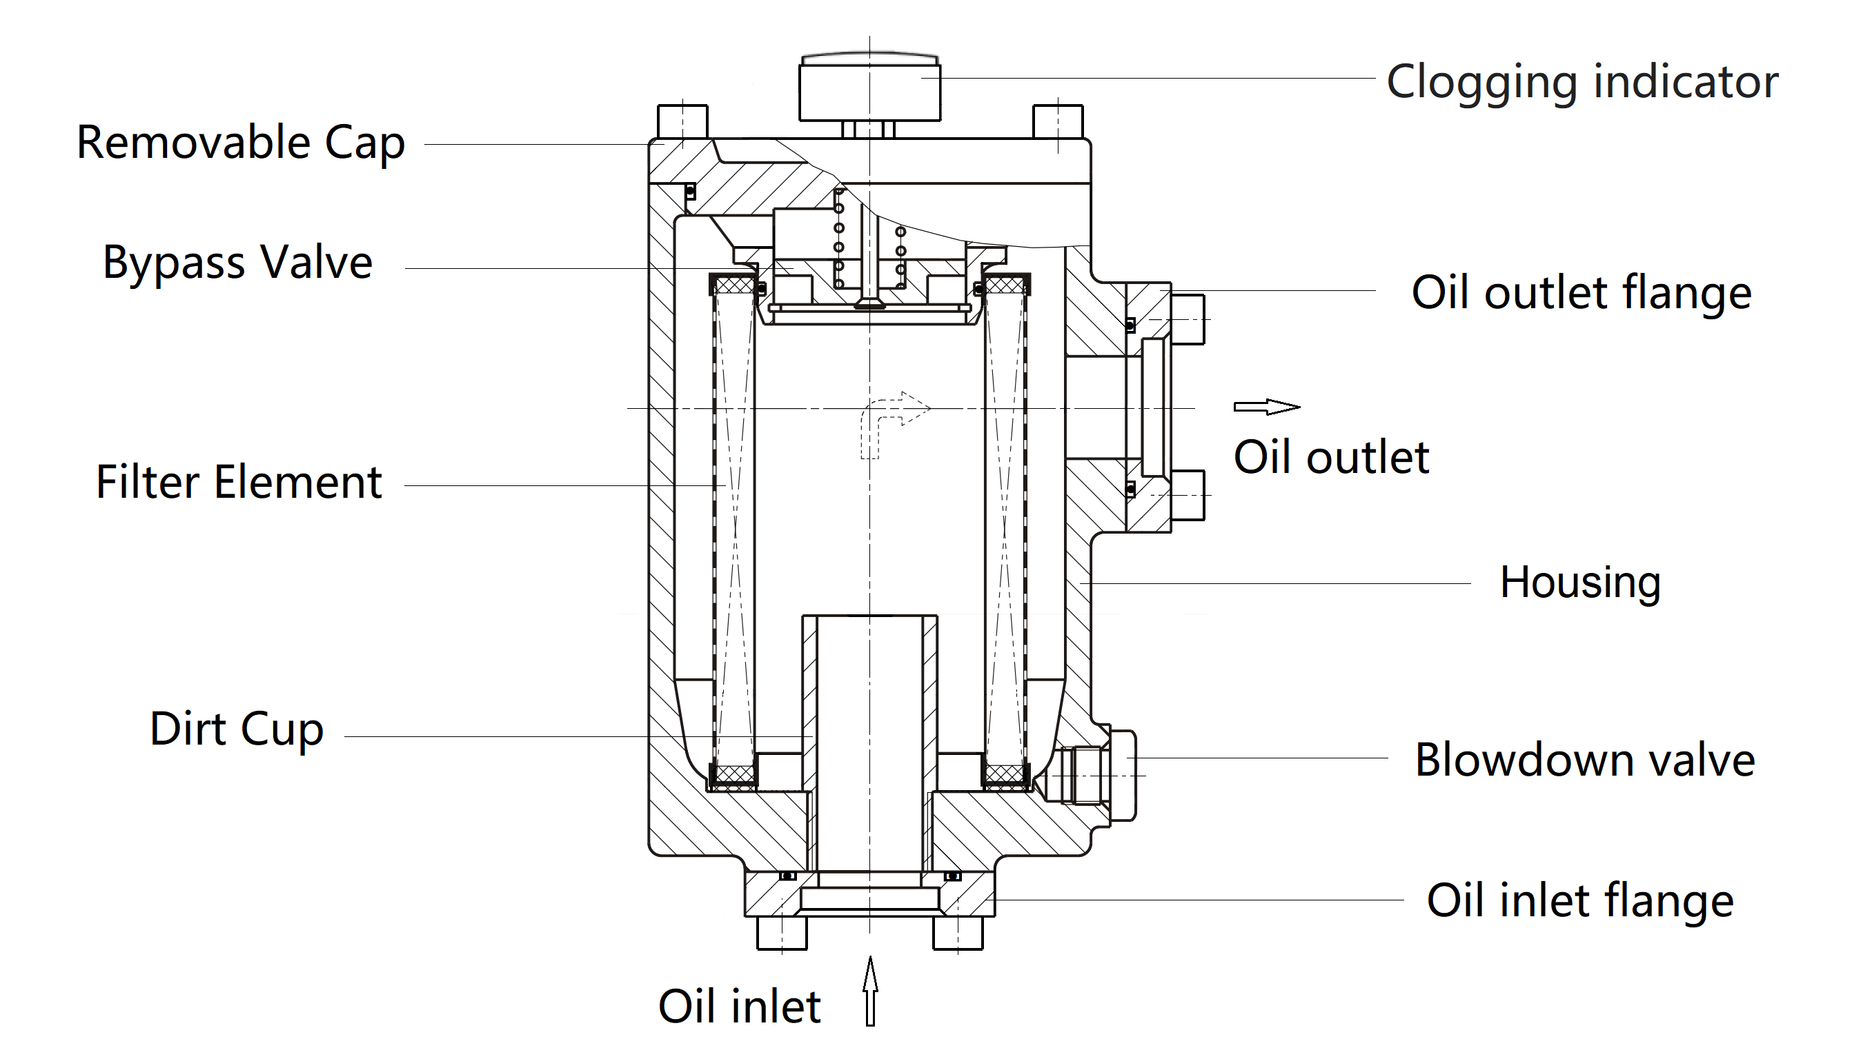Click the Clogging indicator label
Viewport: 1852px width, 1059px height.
(x=1582, y=81)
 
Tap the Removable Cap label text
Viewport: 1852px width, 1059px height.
(x=240, y=143)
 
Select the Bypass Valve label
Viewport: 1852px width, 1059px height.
(x=237, y=263)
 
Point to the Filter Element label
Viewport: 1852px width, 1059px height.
(x=239, y=482)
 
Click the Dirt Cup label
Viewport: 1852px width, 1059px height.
(x=237, y=729)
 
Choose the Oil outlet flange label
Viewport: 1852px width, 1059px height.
(x=1582, y=293)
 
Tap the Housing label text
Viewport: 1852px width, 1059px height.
(x=1580, y=583)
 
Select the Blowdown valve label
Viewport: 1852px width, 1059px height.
(x=1584, y=760)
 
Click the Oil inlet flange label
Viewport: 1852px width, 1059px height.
(x=1580, y=901)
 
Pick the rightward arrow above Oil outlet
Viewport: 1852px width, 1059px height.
(x=1266, y=407)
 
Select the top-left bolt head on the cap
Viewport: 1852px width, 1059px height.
(x=682, y=121)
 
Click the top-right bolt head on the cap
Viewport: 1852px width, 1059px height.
(x=1057, y=121)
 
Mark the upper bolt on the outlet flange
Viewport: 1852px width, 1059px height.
(x=1188, y=319)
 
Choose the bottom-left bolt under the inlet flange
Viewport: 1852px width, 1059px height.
(x=782, y=933)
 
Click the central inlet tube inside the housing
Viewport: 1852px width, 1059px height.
(x=869, y=742)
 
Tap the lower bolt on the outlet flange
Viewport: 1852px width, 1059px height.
(x=1188, y=495)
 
